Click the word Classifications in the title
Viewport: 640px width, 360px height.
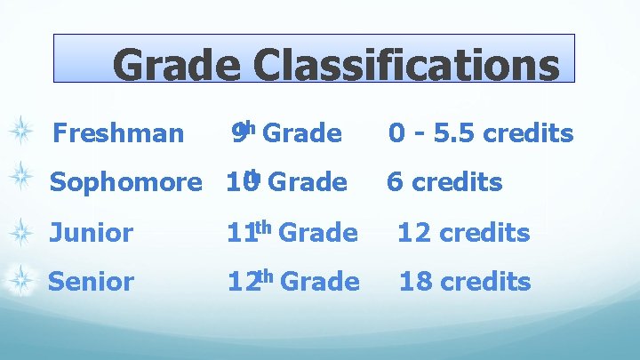(406, 65)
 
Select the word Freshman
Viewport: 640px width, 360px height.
(118, 134)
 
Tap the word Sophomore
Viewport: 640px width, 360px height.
(125, 182)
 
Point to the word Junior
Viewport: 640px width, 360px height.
(91, 234)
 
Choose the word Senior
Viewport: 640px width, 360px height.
(91, 282)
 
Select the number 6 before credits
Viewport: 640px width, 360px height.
(395, 182)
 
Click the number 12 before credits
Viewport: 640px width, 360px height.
(414, 234)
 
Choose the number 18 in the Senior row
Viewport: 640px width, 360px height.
(415, 282)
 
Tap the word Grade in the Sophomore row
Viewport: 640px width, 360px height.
(307, 182)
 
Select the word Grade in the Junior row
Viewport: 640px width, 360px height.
(318, 234)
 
